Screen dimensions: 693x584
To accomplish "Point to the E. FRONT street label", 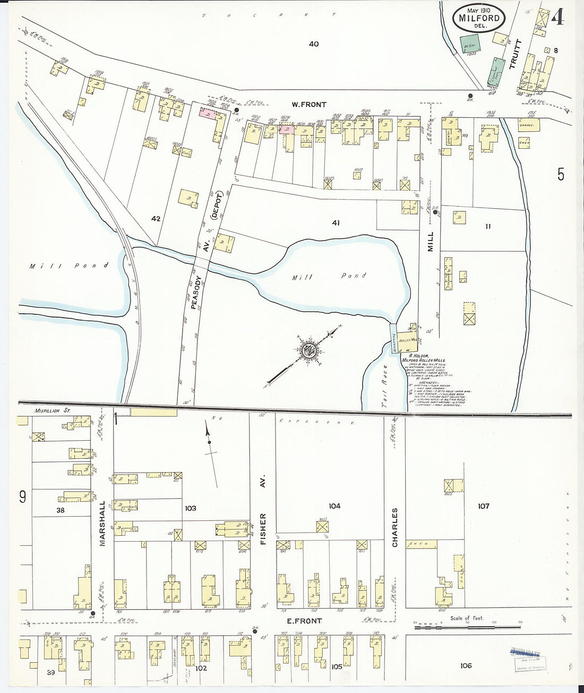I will (304, 621).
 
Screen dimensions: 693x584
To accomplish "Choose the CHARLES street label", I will (395, 527).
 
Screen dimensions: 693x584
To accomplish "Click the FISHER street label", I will (263, 524).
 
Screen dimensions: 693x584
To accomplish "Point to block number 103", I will (190, 508).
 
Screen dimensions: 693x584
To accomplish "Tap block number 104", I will (334, 506).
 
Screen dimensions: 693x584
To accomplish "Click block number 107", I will (483, 506).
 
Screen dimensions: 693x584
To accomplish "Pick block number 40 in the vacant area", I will (314, 44).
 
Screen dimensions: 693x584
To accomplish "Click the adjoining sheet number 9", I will (22, 497).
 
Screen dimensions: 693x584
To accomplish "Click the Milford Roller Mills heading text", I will (423, 360).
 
